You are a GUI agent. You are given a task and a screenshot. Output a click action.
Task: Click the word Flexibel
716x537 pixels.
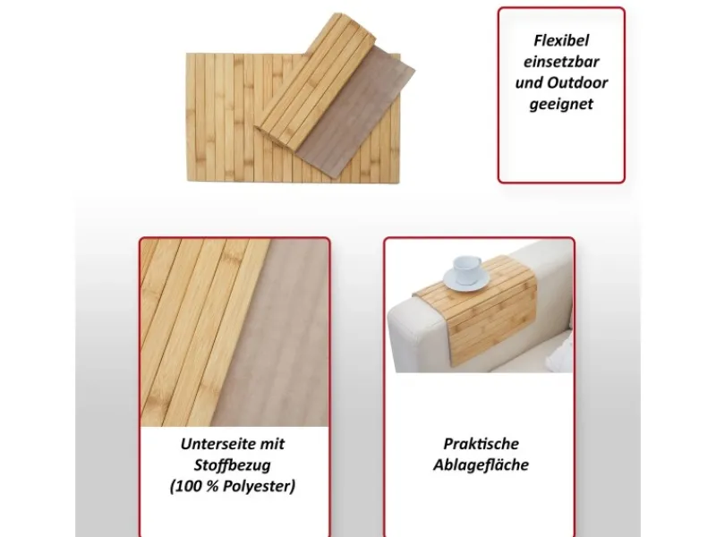pyautogui.click(x=561, y=40)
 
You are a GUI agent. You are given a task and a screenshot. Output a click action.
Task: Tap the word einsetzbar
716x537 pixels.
pyautogui.click(x=561, y=62)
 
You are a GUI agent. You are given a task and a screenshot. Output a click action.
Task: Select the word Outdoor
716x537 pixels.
pyautogui.click(x=577, y=82)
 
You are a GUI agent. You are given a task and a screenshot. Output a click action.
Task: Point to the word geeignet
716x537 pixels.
pyautogui.click(x=561, y=104)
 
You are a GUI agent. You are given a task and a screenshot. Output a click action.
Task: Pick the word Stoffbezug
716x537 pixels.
pyautogui.click(x=233, y=465)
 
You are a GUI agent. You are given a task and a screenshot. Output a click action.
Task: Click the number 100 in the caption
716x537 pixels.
pyautogui.click(x=188, y=486)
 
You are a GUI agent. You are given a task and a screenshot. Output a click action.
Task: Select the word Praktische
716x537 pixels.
pyautogui.click(x=481, y=443)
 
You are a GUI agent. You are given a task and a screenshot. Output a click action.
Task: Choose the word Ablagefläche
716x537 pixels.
pyautogui.click(x=481, y=465)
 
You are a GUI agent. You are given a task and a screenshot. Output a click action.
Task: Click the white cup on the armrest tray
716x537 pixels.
pyautogui.click(x=466, y=269)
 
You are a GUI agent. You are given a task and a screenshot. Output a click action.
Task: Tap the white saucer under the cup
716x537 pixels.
pyautogui.click(x=465, y=279)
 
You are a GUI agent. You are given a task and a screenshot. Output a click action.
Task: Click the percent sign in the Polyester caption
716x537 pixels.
pyautogui.click(x=211, y=486)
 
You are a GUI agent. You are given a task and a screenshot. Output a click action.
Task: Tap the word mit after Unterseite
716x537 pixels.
pyautogui.click(x=272, y=443)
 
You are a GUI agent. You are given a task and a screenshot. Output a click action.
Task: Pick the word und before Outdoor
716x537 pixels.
pyautogui.click(x=529, y=82)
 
